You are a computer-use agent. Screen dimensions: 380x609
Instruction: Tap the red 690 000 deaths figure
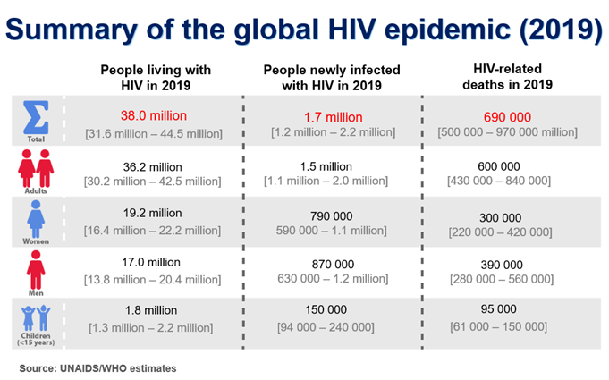(508, 116)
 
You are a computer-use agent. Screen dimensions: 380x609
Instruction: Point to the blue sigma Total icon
(36, 117)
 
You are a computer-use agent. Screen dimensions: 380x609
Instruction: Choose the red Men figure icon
(36, 267)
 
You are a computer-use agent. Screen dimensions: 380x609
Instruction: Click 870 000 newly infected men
(332, 264)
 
